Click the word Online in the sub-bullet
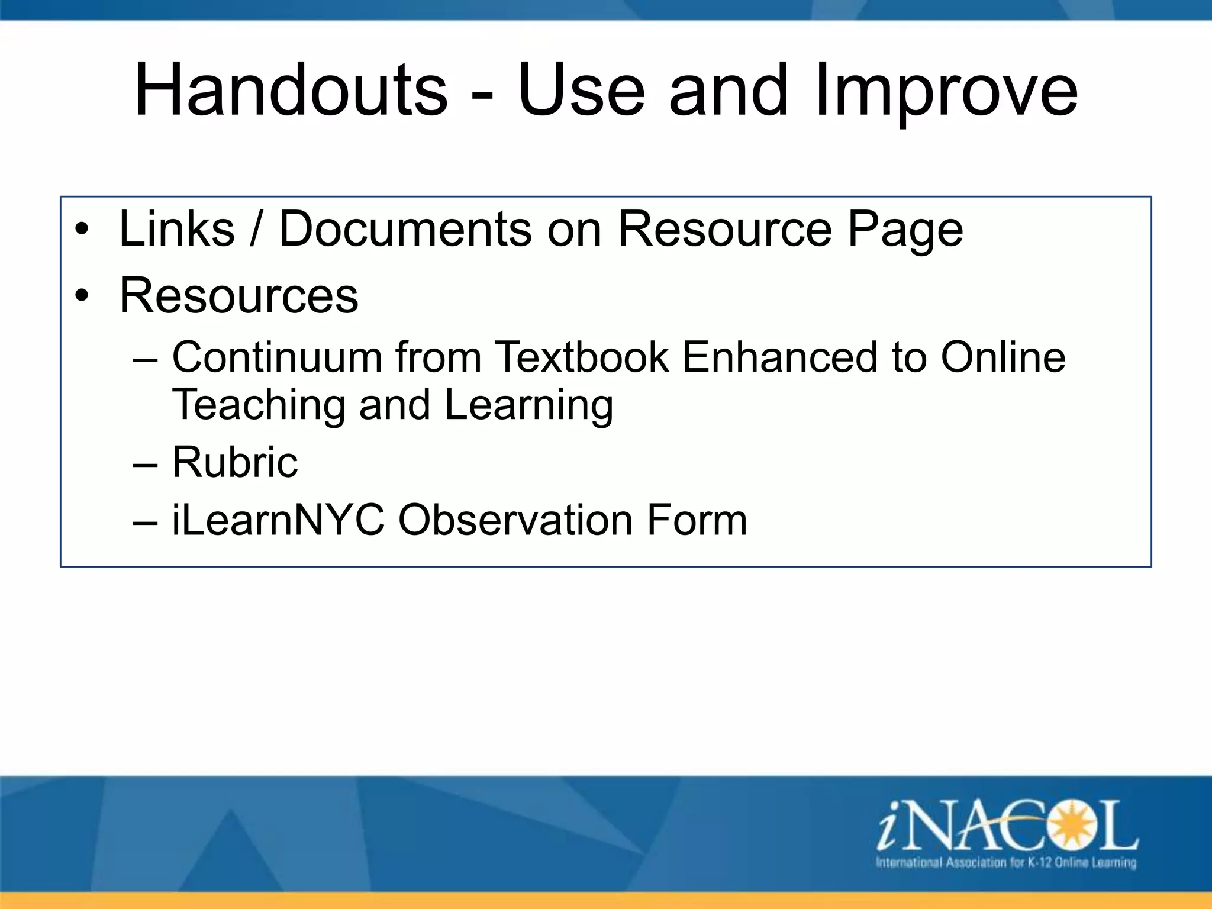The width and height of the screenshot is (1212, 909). (x=1003, y=357)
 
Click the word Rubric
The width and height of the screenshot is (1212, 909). (x=235, y=462)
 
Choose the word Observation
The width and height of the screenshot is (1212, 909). (x=515, y=520)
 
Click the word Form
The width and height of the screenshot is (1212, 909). (x=697, y=520)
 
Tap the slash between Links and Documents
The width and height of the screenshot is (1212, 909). (x=256, y=230)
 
